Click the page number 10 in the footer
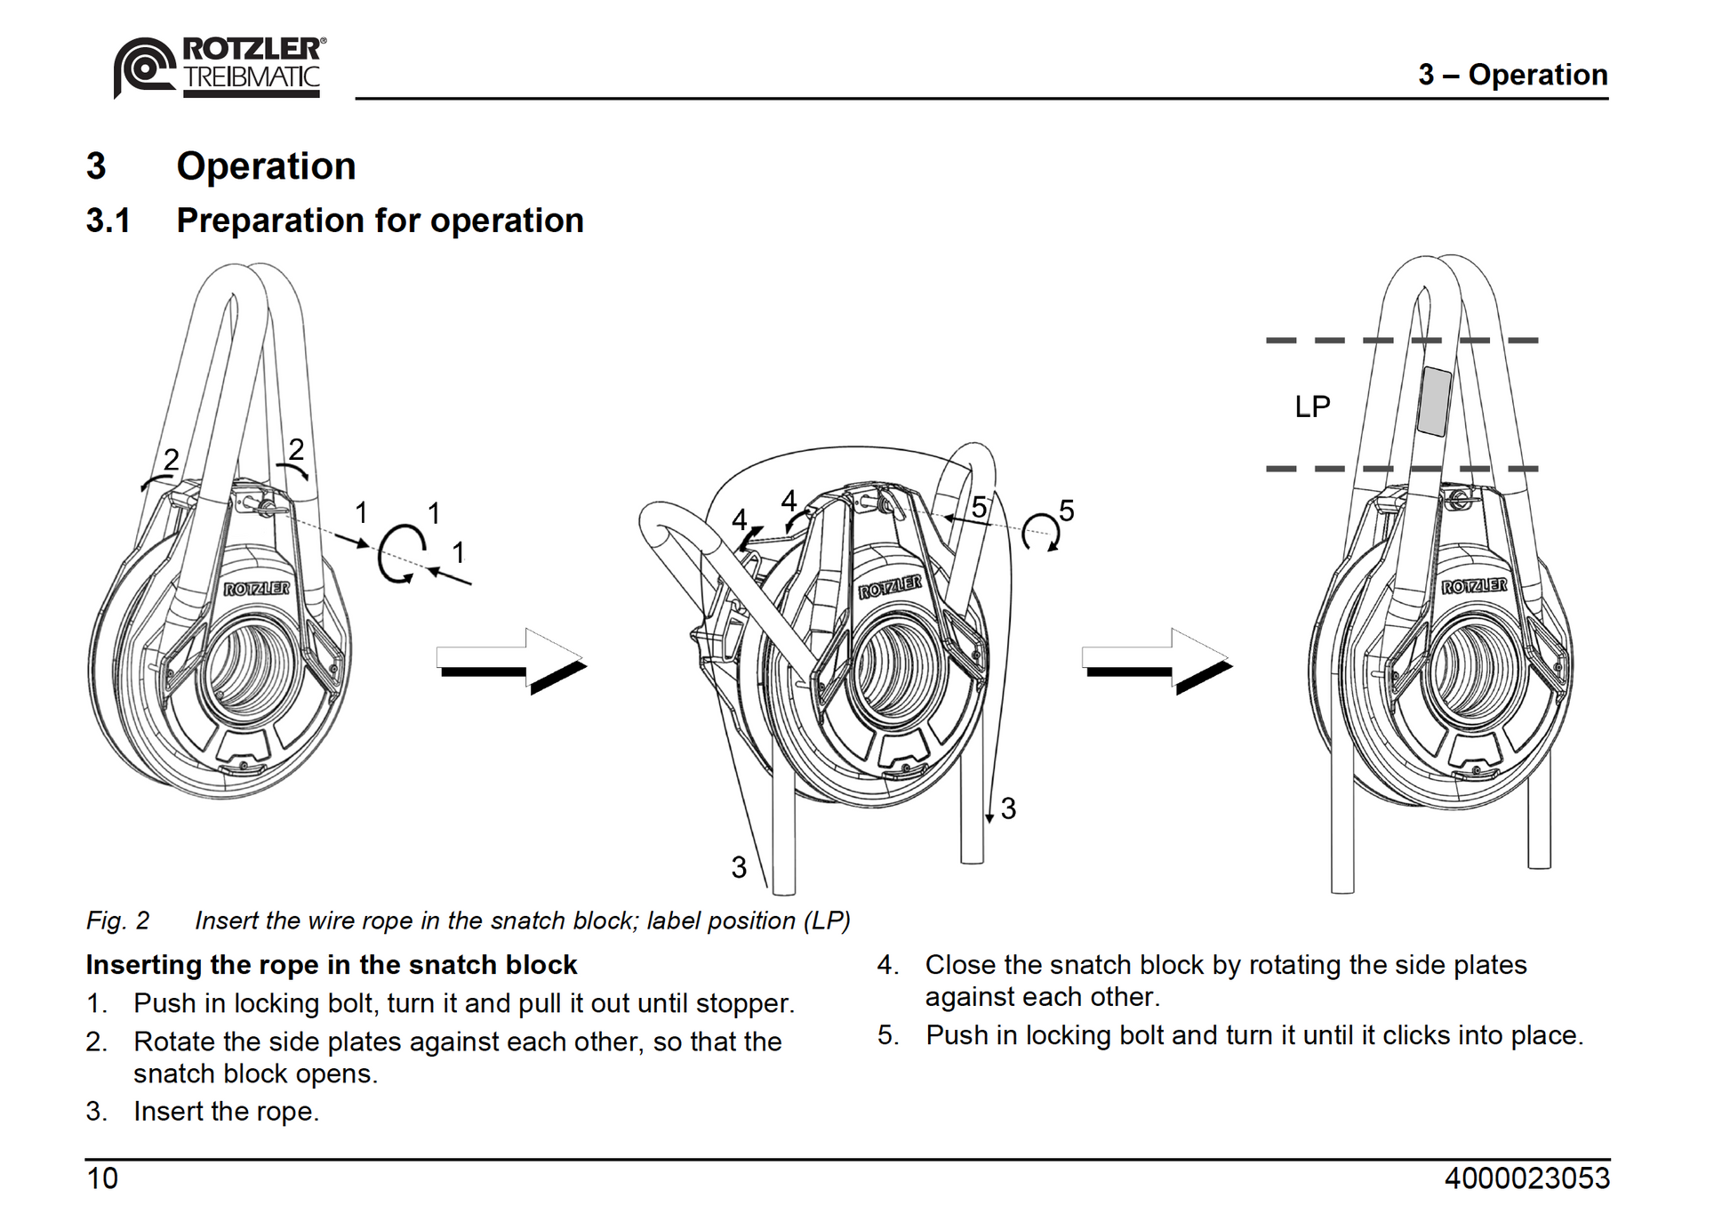(102, 1178)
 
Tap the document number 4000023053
(1526, 1178)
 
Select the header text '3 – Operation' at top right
(1512, 75)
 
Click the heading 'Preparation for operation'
(380, 221)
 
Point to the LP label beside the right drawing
(1311, 407)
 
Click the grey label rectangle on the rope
(1434, 402)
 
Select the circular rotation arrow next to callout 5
(1040, 532)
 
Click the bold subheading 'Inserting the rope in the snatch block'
(331, 965)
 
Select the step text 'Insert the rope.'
(226, 1112)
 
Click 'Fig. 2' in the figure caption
(117, 920)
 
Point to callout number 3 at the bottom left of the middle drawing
(739, 867)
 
